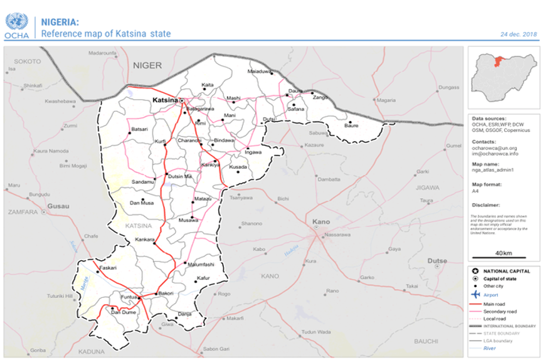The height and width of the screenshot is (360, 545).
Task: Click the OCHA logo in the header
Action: (x=16, y=25)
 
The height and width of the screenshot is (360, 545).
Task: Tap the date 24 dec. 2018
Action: (x=519, y=34)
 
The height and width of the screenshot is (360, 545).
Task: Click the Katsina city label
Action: (x=165, y=100)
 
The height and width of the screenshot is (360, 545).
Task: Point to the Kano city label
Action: (x=320, y=221)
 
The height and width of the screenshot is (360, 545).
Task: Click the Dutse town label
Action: (x=437, y=260)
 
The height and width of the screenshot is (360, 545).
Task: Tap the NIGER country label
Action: (x=147, y=65)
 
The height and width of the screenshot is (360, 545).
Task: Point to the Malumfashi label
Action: (x=201, y=265)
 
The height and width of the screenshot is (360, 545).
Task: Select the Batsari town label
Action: (x=139, y=129)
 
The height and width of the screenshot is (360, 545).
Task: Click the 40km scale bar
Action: (x=503, y=255)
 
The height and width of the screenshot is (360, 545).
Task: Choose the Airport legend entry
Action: (x=491, y=294)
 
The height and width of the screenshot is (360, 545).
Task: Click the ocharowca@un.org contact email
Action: (x=495, y=148)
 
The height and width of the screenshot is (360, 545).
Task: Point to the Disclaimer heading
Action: (x=486, y=205)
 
